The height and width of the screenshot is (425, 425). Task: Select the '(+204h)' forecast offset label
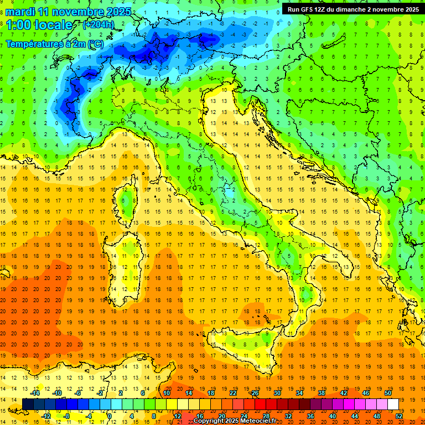point(98,24)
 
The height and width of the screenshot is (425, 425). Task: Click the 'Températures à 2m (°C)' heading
point(54,43)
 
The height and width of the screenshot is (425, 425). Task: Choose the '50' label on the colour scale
point(387,393)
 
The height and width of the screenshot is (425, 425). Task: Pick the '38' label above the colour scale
point(321,393)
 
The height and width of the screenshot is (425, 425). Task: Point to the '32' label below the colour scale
point(288,416)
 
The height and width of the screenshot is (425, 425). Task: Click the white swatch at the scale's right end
point(393,405)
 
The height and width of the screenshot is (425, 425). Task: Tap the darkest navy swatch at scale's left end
point(28,405)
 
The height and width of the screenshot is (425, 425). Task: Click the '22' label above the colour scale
point(233,393)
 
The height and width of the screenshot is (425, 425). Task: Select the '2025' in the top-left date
point(118,12)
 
